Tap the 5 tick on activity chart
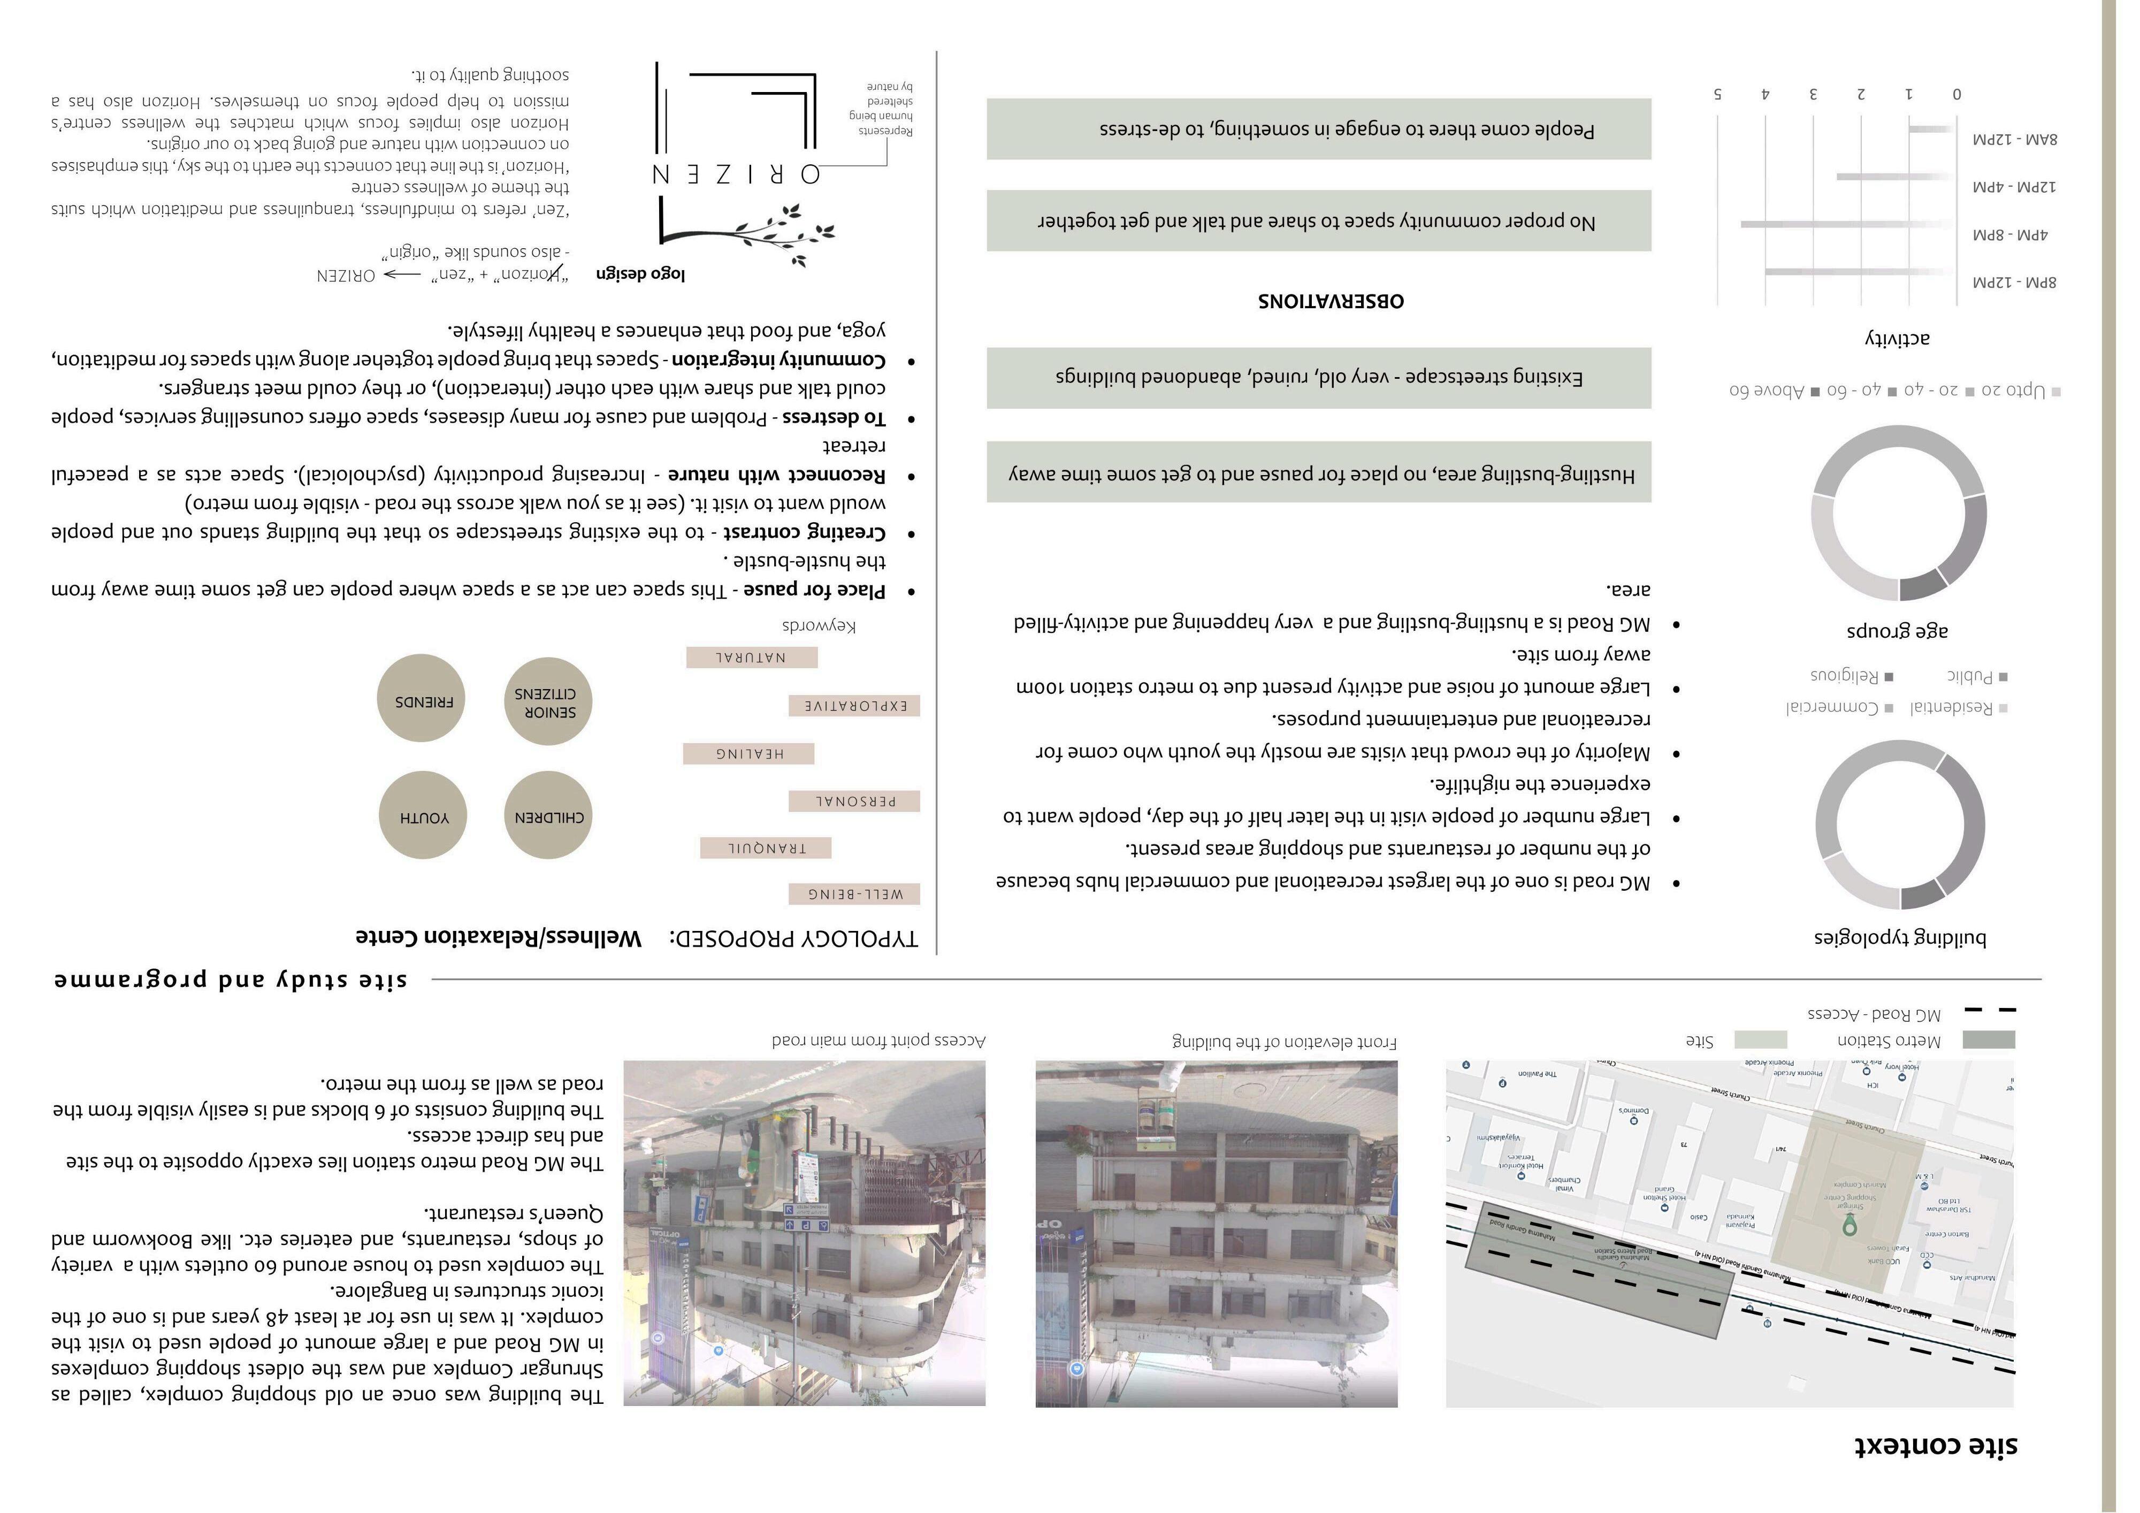tap(1718, 94)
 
